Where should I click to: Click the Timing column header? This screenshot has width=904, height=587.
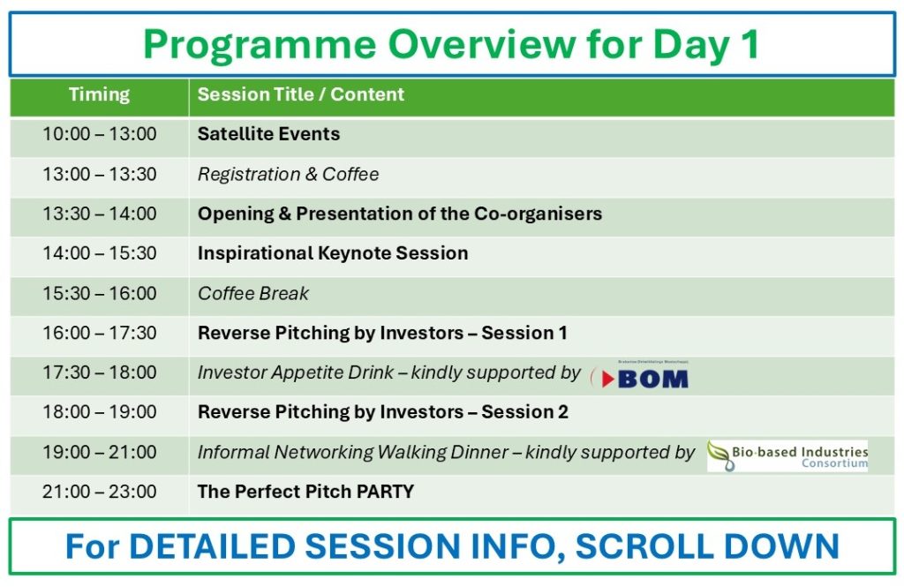click(99, 94)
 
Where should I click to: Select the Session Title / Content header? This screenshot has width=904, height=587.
click(300, 94)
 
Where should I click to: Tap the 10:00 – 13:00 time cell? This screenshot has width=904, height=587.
click(99, 134)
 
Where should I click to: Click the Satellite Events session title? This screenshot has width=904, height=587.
click(268, 134)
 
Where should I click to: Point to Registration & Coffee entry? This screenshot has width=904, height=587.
click(289, 174)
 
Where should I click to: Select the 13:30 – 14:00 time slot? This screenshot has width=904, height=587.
click(99, 214)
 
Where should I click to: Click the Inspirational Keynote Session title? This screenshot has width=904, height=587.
click(333, 253)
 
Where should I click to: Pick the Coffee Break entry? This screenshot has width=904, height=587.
click(253, 293)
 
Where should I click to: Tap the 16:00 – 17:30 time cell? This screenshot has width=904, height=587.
click(99, 333)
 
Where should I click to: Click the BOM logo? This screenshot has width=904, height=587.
click(640, 376)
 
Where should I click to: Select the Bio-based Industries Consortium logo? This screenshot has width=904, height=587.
click(787, 455)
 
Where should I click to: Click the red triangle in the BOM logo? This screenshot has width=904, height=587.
click(607, 379)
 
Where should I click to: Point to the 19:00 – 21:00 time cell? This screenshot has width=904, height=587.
click(99, 452)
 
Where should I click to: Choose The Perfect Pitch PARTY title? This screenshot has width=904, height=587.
click(305, 492)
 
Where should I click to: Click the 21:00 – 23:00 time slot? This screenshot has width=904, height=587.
click(99, 492)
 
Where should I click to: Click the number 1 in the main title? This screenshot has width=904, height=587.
click(750, 44)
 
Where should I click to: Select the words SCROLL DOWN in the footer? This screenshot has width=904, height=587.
click(707, 546)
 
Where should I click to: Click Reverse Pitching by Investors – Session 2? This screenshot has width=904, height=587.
click(383, 411)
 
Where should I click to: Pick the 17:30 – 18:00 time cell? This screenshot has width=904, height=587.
click(99, 373)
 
